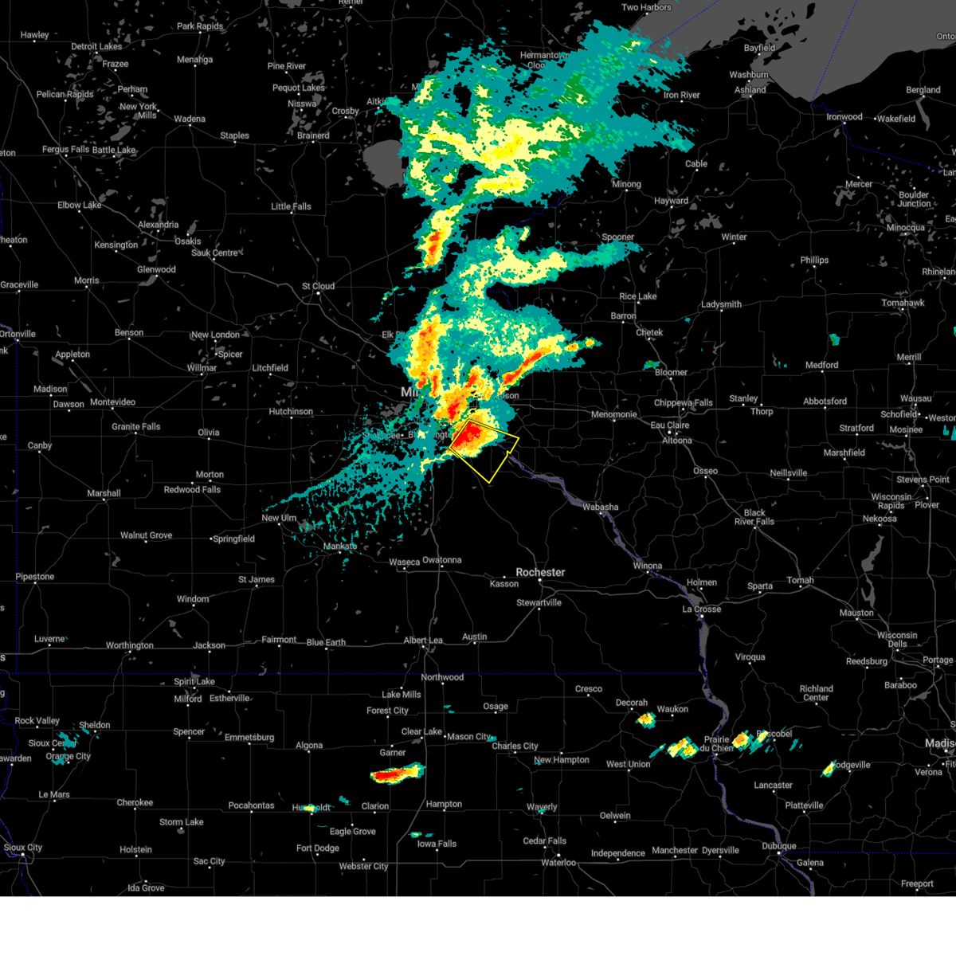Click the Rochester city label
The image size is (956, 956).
[540, 572]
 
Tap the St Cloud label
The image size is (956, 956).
[318, 286]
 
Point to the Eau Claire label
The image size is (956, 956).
[670, 425]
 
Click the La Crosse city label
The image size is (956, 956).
[702, 609]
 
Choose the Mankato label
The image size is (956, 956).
[340, 547]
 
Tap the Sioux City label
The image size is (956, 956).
[23, 848]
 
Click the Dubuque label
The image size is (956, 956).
[778, 846]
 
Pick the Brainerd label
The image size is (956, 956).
[313, 135]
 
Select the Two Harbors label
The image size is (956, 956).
[646, 7]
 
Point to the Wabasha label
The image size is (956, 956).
[600, 507]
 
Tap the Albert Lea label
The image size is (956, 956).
[423, 641]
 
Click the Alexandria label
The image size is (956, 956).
[158, 225]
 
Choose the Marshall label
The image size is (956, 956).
[104, 494]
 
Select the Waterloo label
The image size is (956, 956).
[558, 863]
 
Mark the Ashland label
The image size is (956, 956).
[750, 90]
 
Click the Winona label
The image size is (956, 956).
[648, 566]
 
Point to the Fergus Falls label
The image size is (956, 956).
[66, 150]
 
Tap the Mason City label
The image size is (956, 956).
[469, 736]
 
